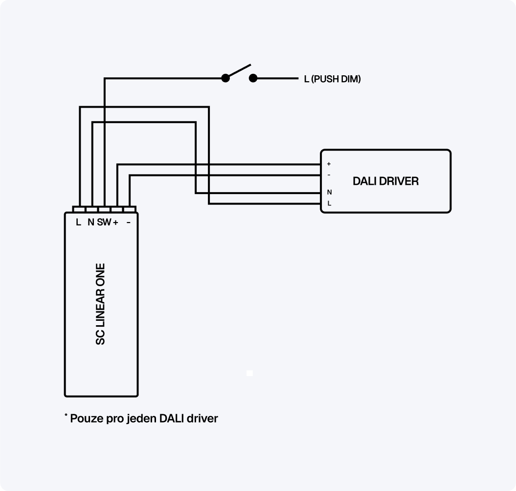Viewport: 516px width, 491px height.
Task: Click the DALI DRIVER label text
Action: coord(385,181)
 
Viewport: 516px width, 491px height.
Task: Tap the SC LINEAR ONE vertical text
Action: coord(101,304)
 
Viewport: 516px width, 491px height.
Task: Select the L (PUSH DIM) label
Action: coord(332,79)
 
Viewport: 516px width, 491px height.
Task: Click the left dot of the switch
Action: coord(225,78)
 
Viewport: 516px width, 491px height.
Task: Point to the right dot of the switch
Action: coord(253,78)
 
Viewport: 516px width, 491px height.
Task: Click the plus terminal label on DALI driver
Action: coord(329,164)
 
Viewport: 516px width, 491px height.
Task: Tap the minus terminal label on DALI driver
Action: coord(329,175)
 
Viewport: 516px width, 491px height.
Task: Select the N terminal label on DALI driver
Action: coord(329,193)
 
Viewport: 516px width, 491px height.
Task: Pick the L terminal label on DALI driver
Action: coord(329,203)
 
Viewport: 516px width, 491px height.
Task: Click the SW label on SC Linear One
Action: coord(104,223)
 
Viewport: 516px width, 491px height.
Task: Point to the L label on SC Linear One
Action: coord(78,223)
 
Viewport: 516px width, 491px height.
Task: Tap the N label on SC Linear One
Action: coord(90,223)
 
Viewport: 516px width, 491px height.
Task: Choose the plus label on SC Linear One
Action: coord(115,223)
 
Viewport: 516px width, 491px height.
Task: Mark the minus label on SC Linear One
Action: coord(128,223)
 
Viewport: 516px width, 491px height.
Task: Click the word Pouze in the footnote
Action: coord(87,419)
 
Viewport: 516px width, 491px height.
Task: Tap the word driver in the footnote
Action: coord(202,419)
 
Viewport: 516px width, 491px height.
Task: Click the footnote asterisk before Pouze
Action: coord(66,416)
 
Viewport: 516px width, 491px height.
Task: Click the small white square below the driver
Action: coord(249,374)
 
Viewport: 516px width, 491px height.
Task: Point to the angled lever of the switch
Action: coord(238,71)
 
